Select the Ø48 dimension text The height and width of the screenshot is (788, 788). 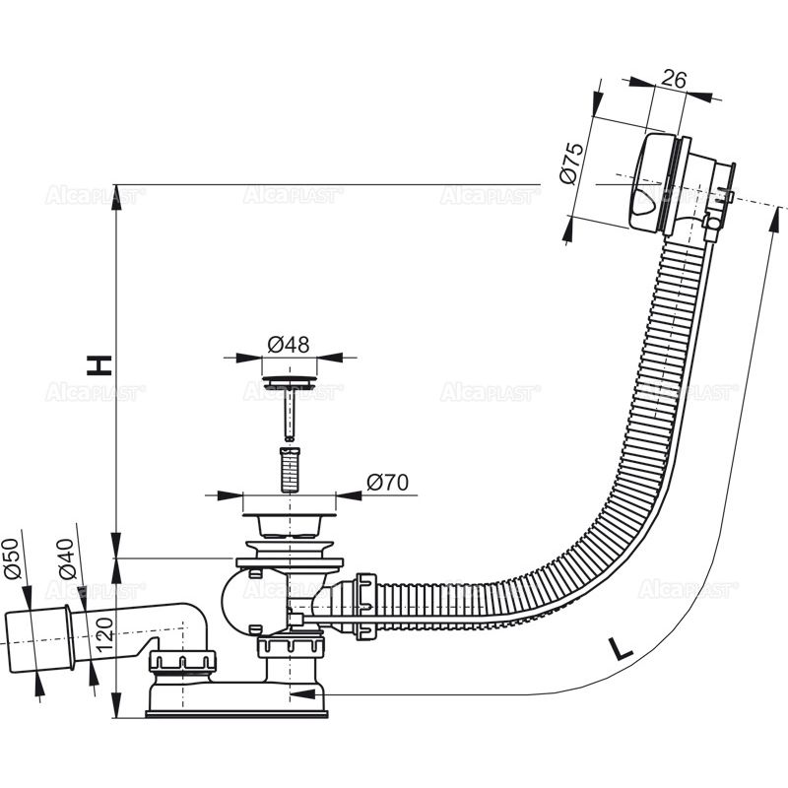pos(289,345)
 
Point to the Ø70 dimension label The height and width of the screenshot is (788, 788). pos(387,483)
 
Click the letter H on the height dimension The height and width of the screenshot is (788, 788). pos(98,365)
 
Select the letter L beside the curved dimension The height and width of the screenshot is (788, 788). pos(619,648)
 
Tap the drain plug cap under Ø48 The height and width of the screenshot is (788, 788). pos(290,380)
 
